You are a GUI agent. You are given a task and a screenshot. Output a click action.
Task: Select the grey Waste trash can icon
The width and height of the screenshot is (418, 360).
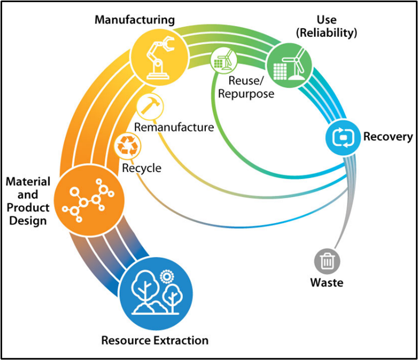327,261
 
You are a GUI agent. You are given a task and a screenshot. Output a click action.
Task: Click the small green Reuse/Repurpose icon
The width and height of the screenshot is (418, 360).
222,59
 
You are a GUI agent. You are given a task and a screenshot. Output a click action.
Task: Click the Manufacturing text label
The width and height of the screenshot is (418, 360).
134,20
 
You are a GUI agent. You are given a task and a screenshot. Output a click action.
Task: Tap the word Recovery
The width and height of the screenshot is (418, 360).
388,137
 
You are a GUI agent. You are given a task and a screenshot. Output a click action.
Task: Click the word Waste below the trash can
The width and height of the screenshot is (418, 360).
327,282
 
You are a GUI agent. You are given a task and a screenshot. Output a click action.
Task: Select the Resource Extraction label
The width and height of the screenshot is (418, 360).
154,340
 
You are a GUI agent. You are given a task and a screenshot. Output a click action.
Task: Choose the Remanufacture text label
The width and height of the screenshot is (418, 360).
174,128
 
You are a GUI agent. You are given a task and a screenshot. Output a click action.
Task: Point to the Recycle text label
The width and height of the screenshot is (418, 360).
142,168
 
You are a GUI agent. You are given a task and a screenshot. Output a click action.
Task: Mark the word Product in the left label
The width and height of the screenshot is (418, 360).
28,207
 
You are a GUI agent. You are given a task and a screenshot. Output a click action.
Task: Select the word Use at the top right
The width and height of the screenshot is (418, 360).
327,20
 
